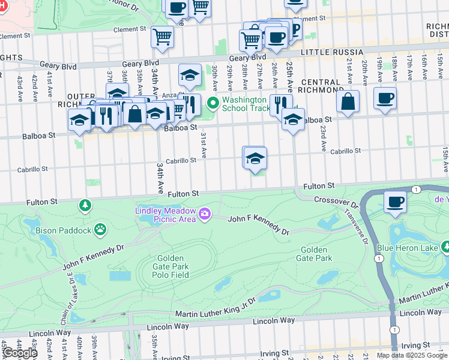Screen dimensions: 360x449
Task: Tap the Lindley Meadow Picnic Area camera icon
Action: [205, 214]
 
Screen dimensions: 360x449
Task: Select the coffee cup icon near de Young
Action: [394, 202]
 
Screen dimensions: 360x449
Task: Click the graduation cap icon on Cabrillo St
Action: [255, 158]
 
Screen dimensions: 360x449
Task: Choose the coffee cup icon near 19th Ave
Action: [385, 98]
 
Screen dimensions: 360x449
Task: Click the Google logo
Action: [19, 353]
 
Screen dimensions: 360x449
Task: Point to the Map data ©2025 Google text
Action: [412, 355]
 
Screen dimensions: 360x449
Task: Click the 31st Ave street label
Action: [203, 145]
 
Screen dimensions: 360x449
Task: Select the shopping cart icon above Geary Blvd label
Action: [162, 37]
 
